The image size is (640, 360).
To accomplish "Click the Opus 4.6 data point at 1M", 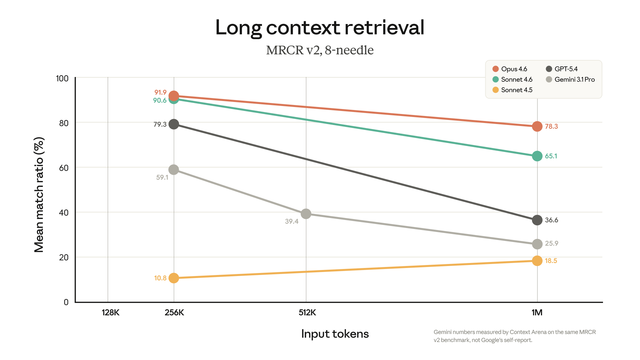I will point(537,126).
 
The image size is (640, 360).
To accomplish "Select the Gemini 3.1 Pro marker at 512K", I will point(306,214).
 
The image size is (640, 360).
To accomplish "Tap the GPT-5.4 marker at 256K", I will point(174,124).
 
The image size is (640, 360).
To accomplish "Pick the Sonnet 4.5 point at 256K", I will point(174,278).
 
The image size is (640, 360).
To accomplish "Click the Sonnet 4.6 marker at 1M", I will point(537,156).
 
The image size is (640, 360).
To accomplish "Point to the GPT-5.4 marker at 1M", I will point(537,220).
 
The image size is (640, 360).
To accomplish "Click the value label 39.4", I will point(292,221).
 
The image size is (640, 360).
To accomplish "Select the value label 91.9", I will point(160,92).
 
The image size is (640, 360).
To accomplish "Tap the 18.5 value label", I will point(551,261).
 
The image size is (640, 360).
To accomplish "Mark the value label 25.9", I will point(552,243).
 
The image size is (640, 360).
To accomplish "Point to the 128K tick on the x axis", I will point(110,313).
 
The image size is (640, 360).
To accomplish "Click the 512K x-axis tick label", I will point(307,313).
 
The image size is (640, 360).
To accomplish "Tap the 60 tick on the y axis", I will point(64,168).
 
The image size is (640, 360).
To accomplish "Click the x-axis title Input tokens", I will point(335,334).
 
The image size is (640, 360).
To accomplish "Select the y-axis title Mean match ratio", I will point(39,195).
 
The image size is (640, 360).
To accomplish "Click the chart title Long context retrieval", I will point(320,27).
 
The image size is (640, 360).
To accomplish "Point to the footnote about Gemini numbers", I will point(514,336).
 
